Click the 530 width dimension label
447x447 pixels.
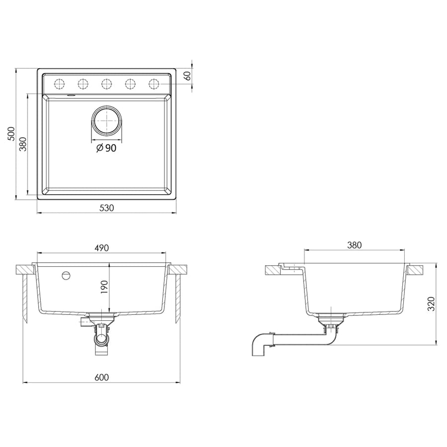tap(107, 208)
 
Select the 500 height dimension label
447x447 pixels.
tap(11, 134)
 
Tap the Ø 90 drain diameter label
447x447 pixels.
tap(106, 148)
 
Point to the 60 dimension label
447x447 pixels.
tap(187, 76)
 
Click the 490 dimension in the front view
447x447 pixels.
tap(102, 248)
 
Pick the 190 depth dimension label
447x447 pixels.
tap(104, 288)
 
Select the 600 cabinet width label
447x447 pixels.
tap(102, 377)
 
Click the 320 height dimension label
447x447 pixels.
tap(431, 304)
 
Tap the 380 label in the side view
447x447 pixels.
tap(354, 245)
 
